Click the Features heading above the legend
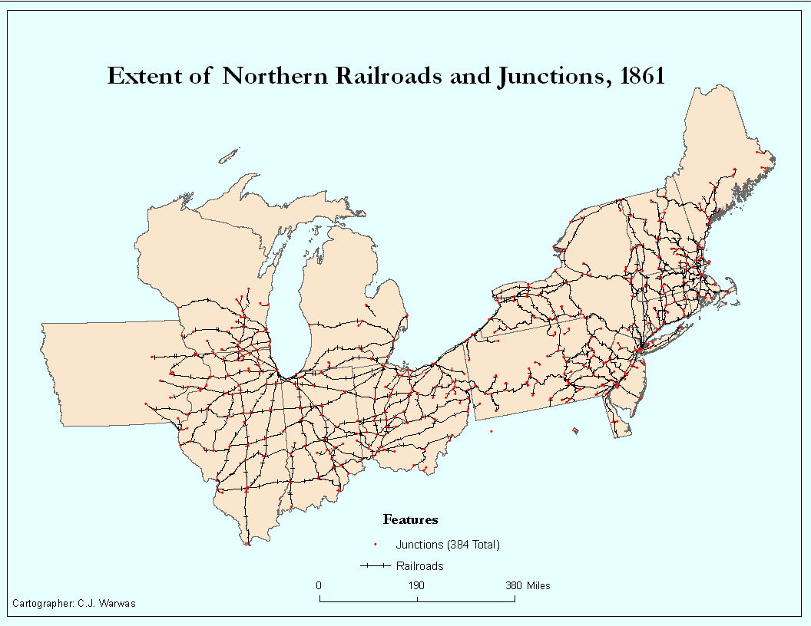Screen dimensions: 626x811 tap(410, 520)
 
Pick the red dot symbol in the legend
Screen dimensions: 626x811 tap(375, 545)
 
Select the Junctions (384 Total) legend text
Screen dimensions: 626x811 tap(448, 545)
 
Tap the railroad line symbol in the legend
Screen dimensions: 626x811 tap(375, 567)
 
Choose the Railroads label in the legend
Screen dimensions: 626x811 tap(419, 567)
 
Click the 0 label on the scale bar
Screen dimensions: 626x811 tap(319, 585)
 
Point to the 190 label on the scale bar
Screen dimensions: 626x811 tap(416, 585)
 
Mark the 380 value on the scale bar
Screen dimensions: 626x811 tap(514, 585)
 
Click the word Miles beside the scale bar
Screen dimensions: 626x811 tap(538, 585)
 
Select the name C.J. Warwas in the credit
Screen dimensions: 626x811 tap(108, 604)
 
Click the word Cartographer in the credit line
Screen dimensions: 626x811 tap(44, 604)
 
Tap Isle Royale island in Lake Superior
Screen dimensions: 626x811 tap(228, 157)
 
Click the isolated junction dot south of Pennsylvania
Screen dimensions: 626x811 tap(492, 431)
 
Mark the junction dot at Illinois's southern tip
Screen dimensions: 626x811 tap(248, 545)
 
